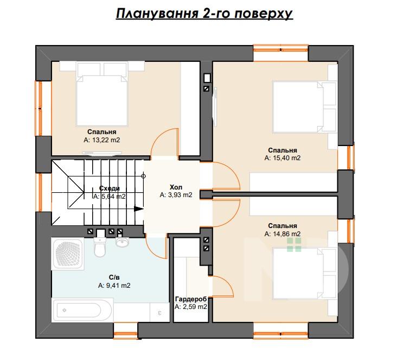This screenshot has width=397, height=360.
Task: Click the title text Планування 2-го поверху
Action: (x=204, y=14)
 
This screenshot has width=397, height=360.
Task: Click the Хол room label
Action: (x=176, y=187)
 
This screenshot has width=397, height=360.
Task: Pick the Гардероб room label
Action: (x=191, y=299)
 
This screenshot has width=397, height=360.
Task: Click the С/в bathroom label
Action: (x=114, y=277)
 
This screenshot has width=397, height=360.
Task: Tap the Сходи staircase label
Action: (x=109, y=188)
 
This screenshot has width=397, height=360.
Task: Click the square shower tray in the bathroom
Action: (x=68, y=254)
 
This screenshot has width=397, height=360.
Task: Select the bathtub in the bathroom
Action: (x=82, y=310)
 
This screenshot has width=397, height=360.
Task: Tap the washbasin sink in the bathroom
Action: (x=122, y=241)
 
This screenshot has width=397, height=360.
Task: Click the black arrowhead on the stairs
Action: (x=139, y=209)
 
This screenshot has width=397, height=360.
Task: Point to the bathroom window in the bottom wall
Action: (x=125, y=331)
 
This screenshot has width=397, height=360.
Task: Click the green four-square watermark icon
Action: (x=294, y=245)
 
